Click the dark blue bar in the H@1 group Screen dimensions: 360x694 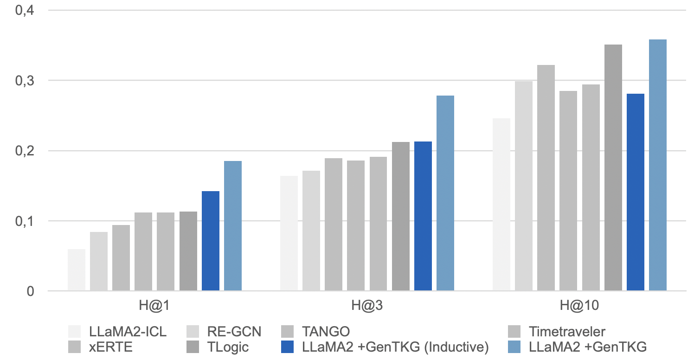[211, 241]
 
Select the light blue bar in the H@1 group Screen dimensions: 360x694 [233, 226]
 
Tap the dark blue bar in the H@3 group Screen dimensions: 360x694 [423, 216]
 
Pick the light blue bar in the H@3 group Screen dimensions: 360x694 [445, 193]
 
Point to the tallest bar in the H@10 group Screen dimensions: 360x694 [658, 165]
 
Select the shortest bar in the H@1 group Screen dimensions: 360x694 [77, 270]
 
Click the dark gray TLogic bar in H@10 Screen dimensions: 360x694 [613, 167]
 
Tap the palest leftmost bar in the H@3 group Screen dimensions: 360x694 [289, 233]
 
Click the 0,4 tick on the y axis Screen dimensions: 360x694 [25, 10]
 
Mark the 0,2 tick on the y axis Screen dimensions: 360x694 [25, 151]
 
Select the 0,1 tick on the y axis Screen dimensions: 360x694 [25, 221]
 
